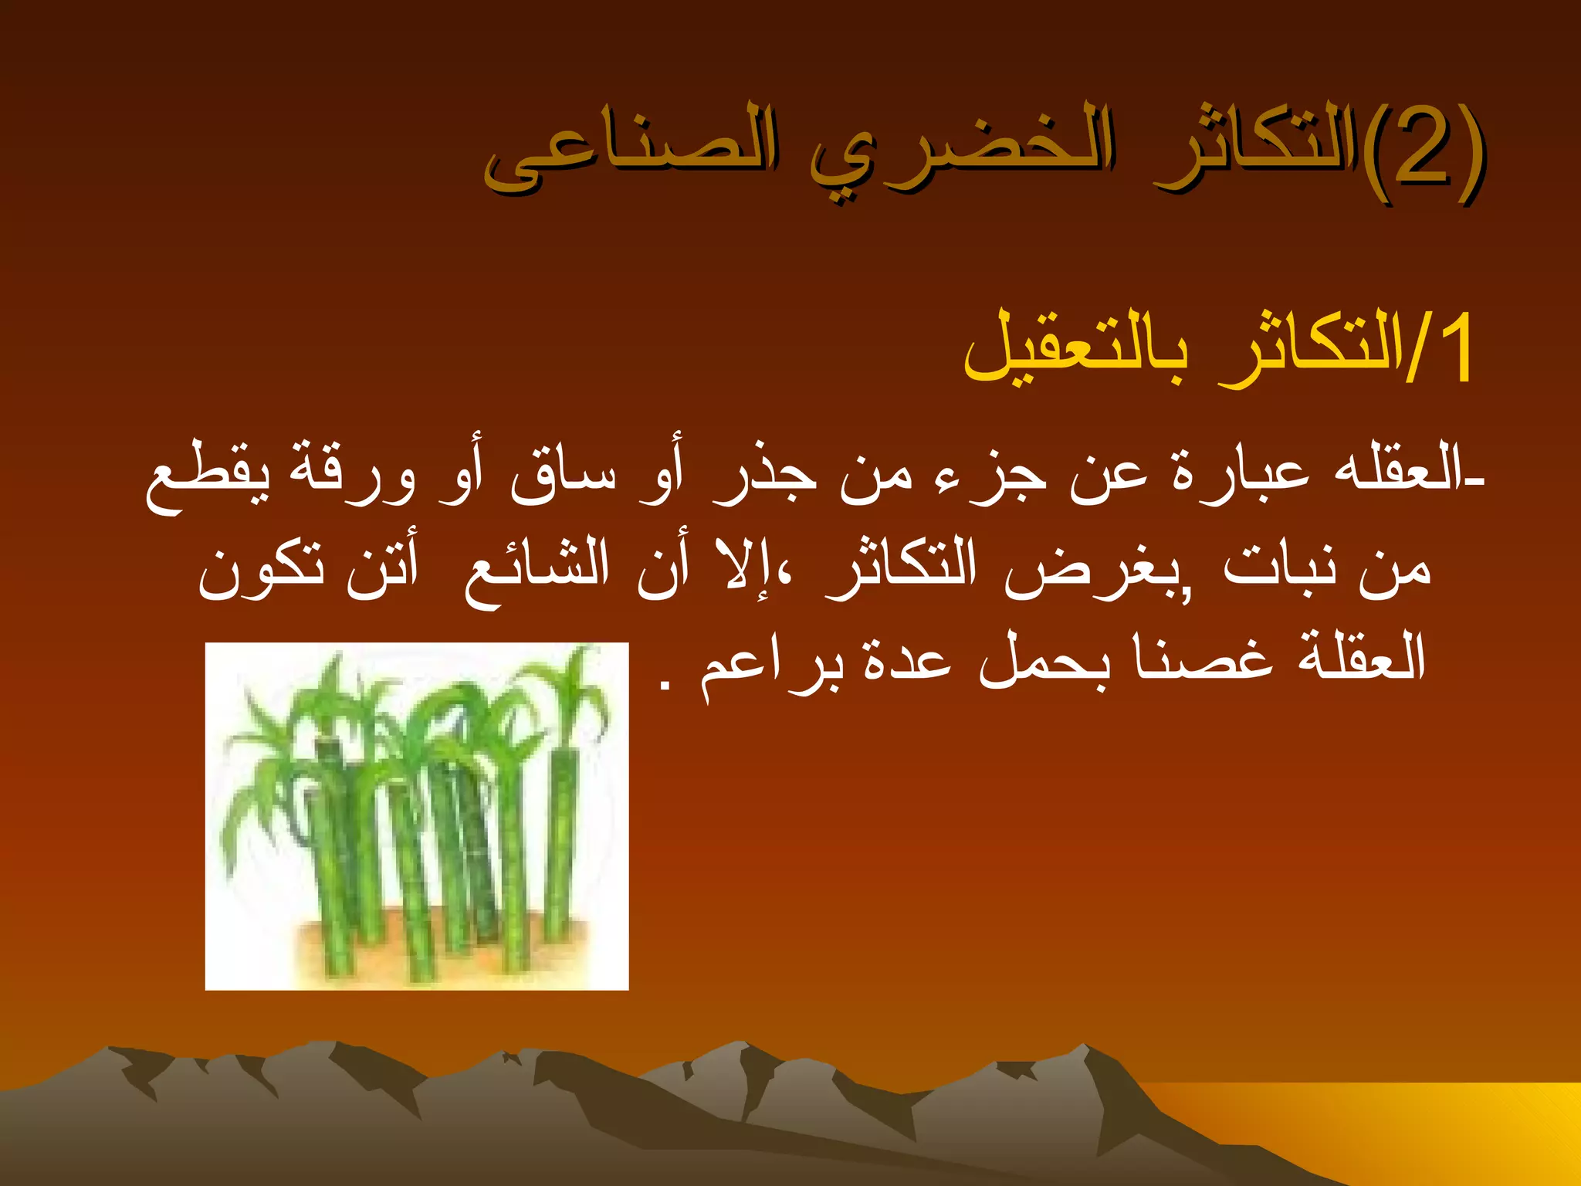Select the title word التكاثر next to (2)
pos(1254,151)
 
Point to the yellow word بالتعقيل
pos(1077,351)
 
